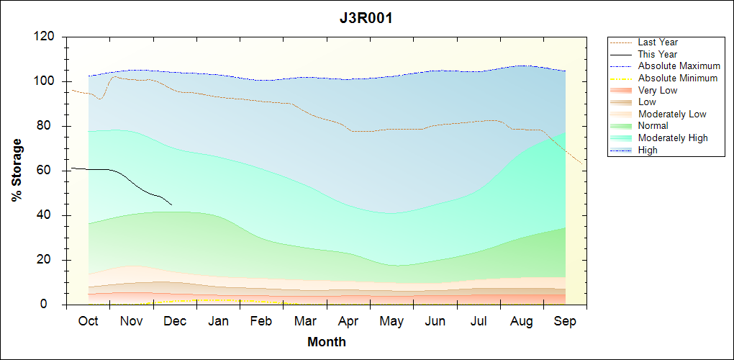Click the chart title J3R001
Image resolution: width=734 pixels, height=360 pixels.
[x=366, y=19]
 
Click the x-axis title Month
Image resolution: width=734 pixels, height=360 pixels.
[x=326, y=342]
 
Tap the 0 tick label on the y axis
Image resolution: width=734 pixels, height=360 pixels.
[x=53, y=305]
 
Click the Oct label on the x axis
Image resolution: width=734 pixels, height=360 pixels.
[x=88, y=321]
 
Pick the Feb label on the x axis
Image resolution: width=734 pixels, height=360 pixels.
[x=261, y=321]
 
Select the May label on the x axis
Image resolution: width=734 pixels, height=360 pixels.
[x=391, y=321]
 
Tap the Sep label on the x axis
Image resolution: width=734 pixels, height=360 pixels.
[x=565, y=321]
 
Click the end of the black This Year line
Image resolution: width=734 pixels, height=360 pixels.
[x=172, y=205]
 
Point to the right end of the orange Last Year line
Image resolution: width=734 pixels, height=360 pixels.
[x=581, y=163]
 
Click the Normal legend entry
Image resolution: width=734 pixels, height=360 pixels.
[x=653, y=125]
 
